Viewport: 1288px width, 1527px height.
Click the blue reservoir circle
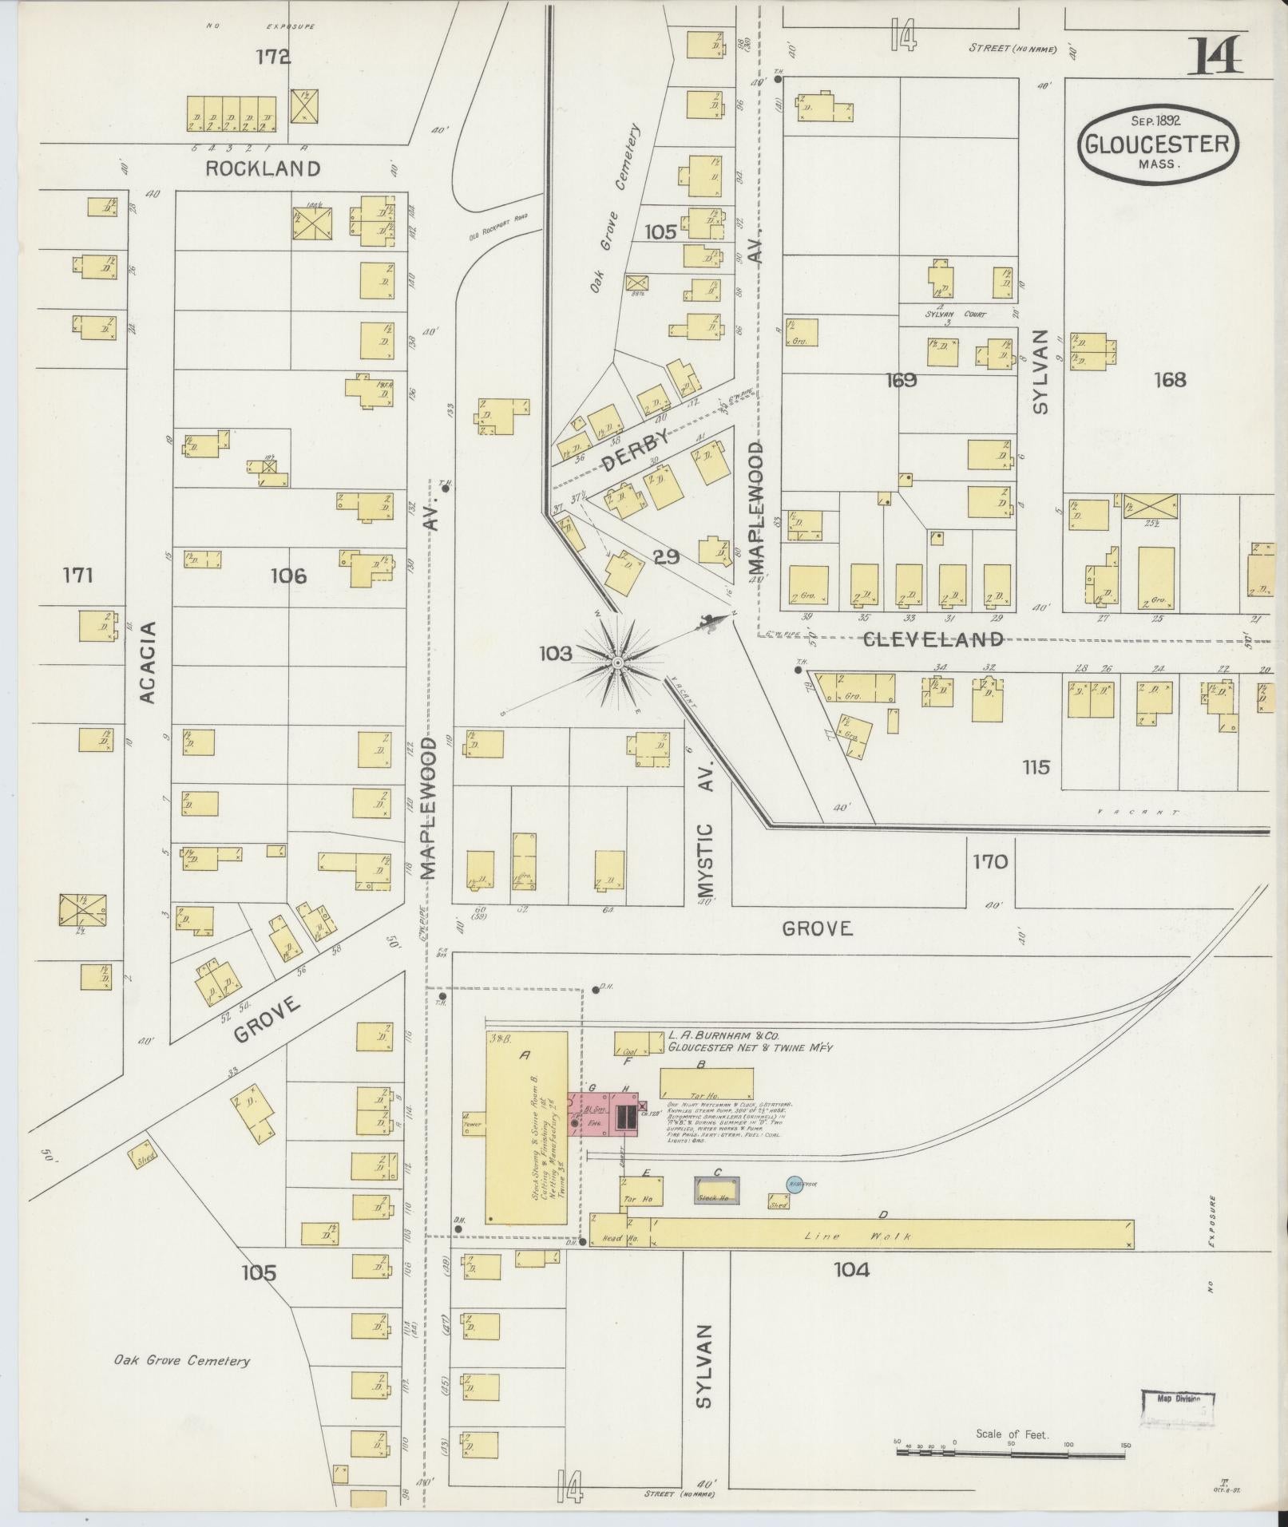click(795, 1185)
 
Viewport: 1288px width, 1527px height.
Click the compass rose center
click(617, 663)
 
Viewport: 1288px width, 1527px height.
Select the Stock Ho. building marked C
click(715, 1190)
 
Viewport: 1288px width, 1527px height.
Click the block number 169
click(901, 380)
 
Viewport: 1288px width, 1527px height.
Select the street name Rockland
click(263, 168)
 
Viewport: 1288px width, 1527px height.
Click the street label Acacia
click(148, 662)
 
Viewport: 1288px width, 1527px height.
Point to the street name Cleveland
click(932, 639)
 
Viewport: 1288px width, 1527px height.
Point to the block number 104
click(851, 1268)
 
